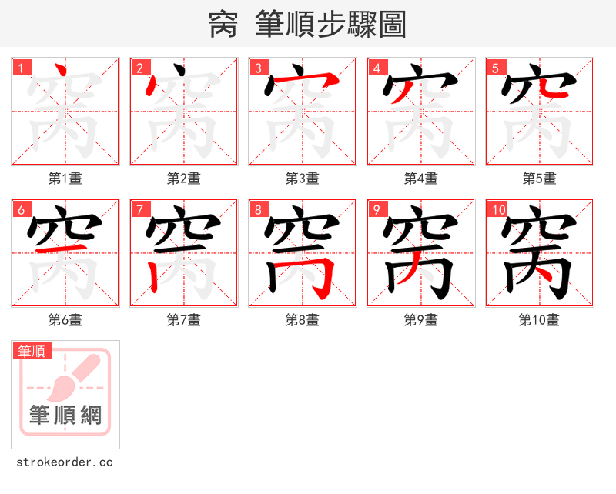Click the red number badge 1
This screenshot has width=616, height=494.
[x=21, y=68]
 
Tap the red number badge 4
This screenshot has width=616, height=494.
[x=377, y=68]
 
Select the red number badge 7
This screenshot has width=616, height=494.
[x=139, y=210]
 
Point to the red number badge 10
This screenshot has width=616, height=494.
[x=497, y=210]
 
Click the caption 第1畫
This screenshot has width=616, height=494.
[x=65, y=179]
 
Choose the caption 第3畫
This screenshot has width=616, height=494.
[x=303, y=179]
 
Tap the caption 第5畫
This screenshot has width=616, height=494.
[x=539, y=179]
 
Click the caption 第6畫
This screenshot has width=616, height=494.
[x=65, y=320]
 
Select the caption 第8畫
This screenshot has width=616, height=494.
[x=303, y=320]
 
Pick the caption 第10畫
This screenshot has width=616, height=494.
[x=539, y=320]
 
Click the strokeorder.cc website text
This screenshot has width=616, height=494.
[x=65, y=462]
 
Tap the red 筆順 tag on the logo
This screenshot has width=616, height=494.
[x=32, y=351]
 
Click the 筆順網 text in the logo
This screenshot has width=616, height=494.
[x=65, y=416]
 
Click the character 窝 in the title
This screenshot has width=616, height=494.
[x=223, y=25]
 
